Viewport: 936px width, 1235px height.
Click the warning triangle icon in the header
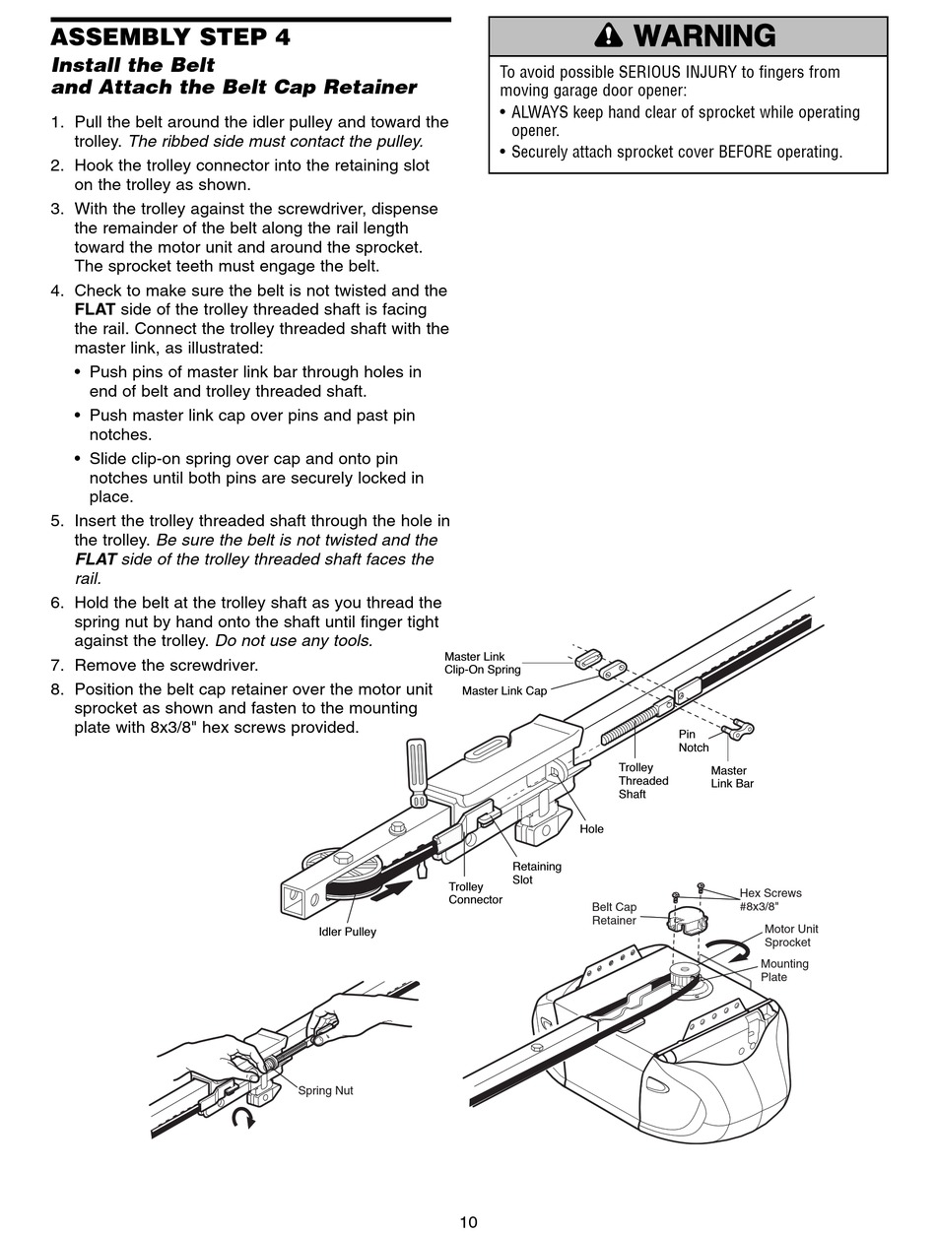612,37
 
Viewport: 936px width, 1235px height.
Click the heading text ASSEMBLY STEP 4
170,37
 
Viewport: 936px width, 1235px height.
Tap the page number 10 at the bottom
468,1222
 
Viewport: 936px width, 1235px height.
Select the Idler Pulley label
347,932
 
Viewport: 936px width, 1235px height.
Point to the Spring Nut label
325,1090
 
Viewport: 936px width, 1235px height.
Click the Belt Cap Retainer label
614,914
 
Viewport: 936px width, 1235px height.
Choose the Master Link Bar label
732,777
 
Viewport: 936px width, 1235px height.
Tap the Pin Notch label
694,741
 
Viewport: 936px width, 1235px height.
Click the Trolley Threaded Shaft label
643,781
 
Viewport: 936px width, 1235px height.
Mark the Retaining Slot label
537,873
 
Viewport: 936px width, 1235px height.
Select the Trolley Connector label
475,893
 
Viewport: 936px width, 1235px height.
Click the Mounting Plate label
784,970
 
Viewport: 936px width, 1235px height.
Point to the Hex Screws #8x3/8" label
770,899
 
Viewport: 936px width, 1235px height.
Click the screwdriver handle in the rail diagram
417,762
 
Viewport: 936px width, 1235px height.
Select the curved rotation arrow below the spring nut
242,1117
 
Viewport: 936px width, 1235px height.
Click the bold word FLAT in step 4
95,309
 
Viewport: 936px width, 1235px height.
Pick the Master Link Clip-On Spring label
483,663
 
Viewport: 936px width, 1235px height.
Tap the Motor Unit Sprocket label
791,936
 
